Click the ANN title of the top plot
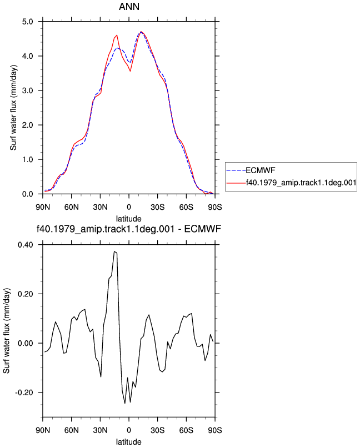pyautogui.click(x=129, y=6)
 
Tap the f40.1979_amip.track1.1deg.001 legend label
pyautogui.click(x=301, y=182)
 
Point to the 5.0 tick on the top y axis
pyautogui.click(x=27, y=22)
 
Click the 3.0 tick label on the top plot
pyautogui.click(x=27, y=90)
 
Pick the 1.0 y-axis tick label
pyautogui.click(x=27, y=160)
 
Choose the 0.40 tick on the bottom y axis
pyautogui.click(x=26, y=245)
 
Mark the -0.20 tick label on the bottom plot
pyautogui.click(x=24, y=392)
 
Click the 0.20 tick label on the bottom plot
pyautogui.click(x=26, y=294)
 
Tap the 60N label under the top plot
pyautogui.click(x=72, y=207)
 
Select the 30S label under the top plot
pyautogui.click(x=158, y=207)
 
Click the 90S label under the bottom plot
pyautogui.click(x=215, y=430)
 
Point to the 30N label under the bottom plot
pyautogui.click(x=100, y=430)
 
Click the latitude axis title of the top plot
pyautogui.click(x=129, y=219)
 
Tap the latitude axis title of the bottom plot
pyautogui.click(x=129, y=442)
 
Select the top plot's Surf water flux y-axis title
pyautogui.click(x=13, y=108)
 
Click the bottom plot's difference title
pyautogui.click(x=129, y=229)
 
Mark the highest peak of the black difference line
pyautogui.click(x=114, y=251)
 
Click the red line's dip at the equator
pyautogui.click(x=130, y=71)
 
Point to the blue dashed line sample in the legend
pyautogui.click(x=236, y=170)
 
